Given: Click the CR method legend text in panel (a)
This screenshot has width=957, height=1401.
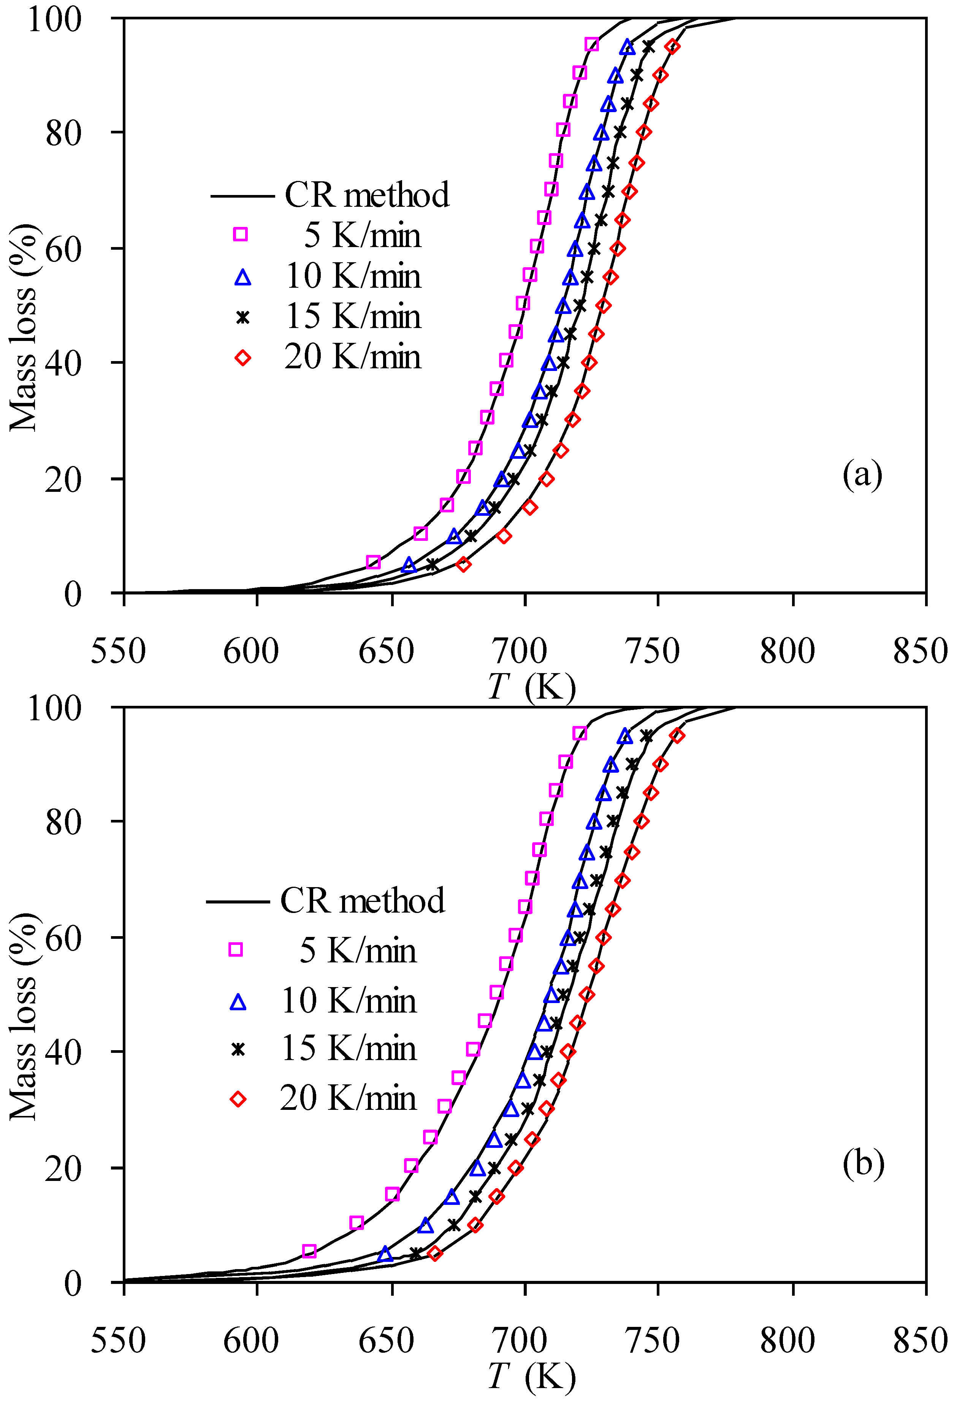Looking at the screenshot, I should tap(367, 195).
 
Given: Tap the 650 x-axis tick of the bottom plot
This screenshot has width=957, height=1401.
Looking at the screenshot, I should tap(386, 1340).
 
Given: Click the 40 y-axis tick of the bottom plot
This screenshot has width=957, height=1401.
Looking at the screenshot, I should tap(63, 1053).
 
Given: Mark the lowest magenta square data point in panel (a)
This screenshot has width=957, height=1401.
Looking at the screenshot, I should tap(373, 563).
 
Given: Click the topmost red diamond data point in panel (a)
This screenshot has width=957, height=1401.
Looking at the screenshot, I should tap(673, 46).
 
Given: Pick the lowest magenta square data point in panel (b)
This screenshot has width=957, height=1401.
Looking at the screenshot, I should tap(309, 1251).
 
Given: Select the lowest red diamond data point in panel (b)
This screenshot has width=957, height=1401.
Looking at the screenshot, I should tap(435, 1254).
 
